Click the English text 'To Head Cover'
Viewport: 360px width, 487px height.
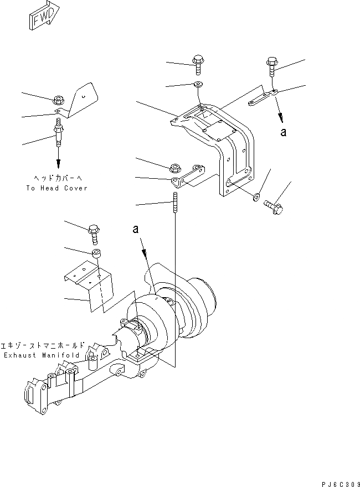(x=57, y=188)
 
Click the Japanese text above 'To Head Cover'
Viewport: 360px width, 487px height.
(x=57, y=178)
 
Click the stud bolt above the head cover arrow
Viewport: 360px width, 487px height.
(x=58, y=136)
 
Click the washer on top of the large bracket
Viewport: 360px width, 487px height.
(x=198, y=85)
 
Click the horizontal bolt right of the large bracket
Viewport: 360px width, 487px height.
(x=274, y=206)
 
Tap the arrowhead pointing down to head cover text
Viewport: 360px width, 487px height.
(x=58, y=164)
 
